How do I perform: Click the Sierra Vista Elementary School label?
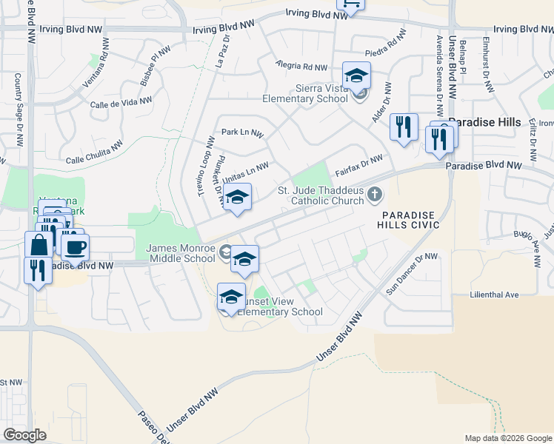coord(305,92)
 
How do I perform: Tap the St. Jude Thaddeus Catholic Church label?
coord(321,195)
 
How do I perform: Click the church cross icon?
coord(375,195)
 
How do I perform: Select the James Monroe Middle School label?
coord(181,253)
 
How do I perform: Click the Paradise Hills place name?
coord(484,122)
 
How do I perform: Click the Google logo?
coord(24,434)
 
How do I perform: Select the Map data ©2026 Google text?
coord(507,438)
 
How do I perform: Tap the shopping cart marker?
coord(350,4)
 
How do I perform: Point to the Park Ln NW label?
coord(243,133)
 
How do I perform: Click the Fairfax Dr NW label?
coord(358,164)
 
